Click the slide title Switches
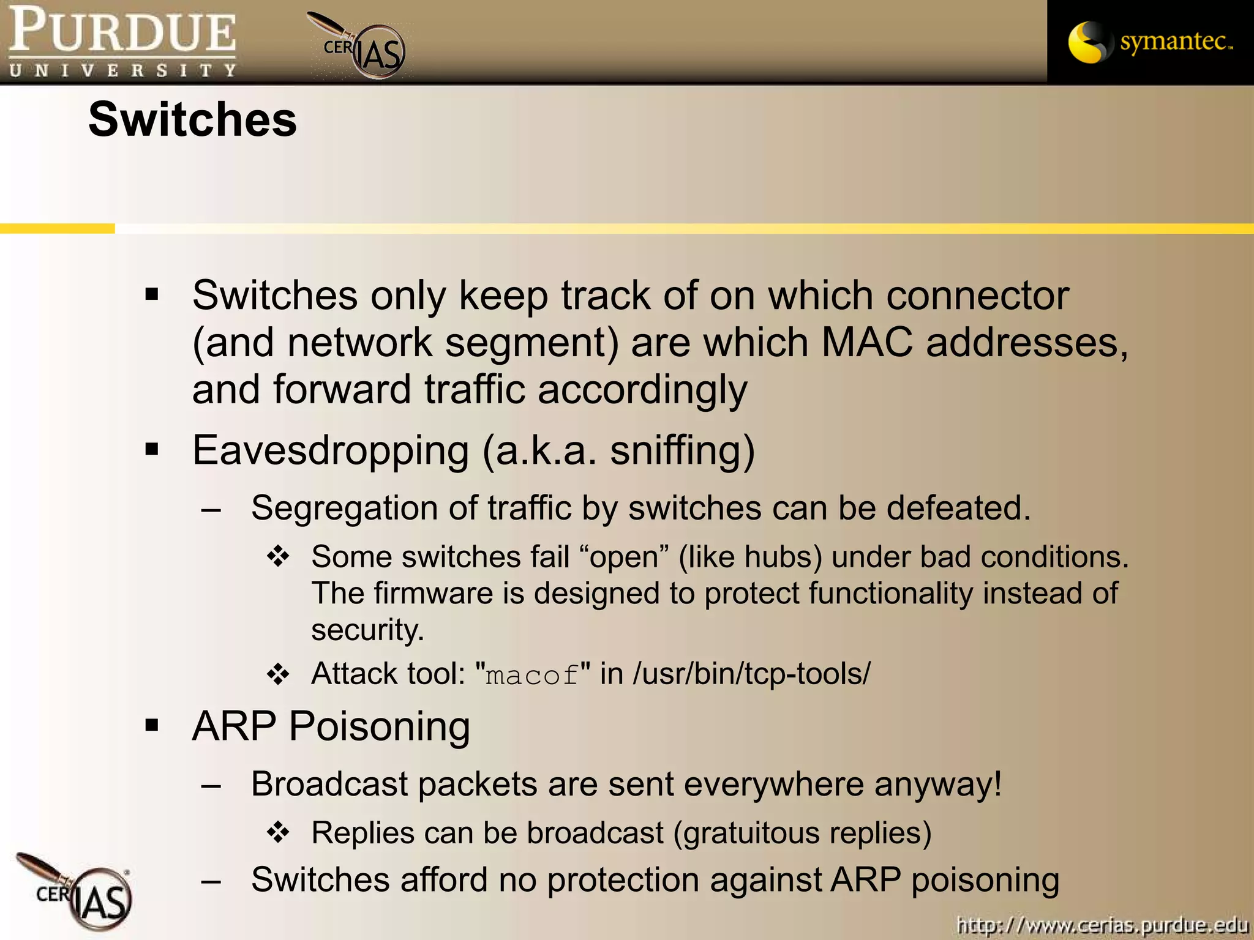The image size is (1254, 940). point(192,119)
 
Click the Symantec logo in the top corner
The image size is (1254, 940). point(1150,42)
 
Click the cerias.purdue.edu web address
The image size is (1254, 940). point(1102,924)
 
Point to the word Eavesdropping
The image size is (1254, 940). point(331,450)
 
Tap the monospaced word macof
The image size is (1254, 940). point(531,675)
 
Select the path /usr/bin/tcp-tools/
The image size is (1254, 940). point(751,674)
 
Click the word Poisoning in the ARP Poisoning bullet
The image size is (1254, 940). point(379,727)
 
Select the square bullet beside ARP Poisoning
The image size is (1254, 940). point(152,726)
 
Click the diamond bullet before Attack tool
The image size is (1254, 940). point(278,674)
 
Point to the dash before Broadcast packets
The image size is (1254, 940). point(211,786)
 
